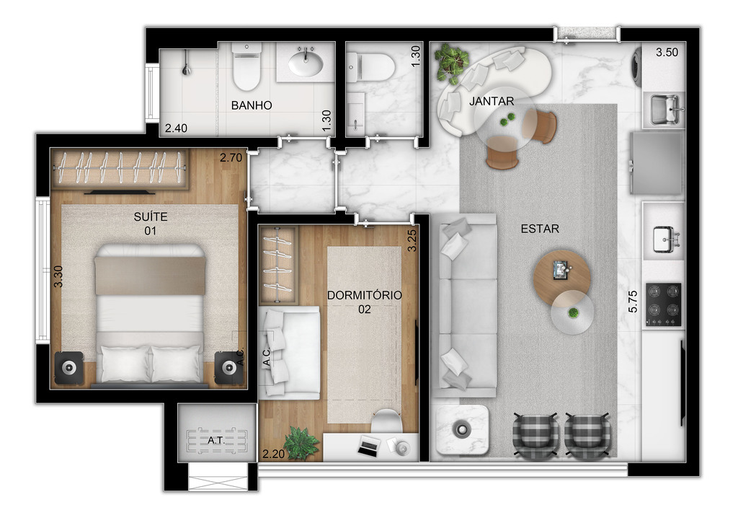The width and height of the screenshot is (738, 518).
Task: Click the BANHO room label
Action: tap(252, 105)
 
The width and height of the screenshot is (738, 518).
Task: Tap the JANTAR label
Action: tap(492, 101)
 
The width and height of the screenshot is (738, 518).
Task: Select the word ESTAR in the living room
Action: tap(540, 229)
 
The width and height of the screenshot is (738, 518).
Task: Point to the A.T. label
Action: tap(215, 440)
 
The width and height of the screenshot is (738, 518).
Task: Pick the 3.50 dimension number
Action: tap(667, 53)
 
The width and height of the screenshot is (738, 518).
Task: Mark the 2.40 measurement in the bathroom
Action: tap(176, 128)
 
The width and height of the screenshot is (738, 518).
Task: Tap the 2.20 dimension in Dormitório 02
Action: tap(274, 454)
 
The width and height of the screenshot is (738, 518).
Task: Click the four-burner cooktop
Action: tap(662, 304)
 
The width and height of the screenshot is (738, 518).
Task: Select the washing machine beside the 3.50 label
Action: tap(636, 65)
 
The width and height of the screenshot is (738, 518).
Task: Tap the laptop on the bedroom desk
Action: tap(368, 447)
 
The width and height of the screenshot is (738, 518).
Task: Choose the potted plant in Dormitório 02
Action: tap(301, 441)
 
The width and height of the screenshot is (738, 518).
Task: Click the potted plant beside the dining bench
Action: tap(452, 62)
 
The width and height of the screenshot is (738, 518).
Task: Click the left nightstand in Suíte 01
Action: tap(69, 367)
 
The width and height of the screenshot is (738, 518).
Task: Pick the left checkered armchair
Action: tap(535, 437)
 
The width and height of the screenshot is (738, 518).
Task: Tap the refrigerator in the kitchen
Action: tap(657, 164)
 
